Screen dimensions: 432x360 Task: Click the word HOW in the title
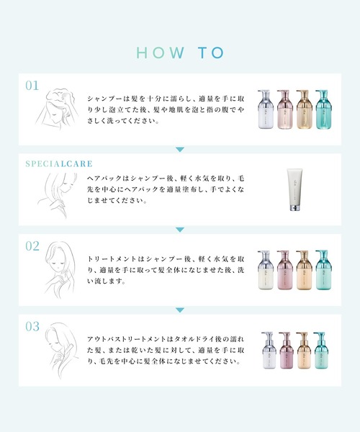(160, 53)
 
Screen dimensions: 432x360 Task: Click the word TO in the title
(208, 53)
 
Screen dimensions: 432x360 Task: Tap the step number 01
(32, 86)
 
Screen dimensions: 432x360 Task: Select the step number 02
(32, 246)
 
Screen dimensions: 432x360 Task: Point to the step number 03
(32, 326)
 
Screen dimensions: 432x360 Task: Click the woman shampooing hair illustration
(60, 108)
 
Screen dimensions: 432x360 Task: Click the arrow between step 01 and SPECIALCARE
(180, 149)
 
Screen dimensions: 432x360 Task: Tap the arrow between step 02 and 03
(180, 310)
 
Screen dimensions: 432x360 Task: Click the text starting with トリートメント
(166, 269)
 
